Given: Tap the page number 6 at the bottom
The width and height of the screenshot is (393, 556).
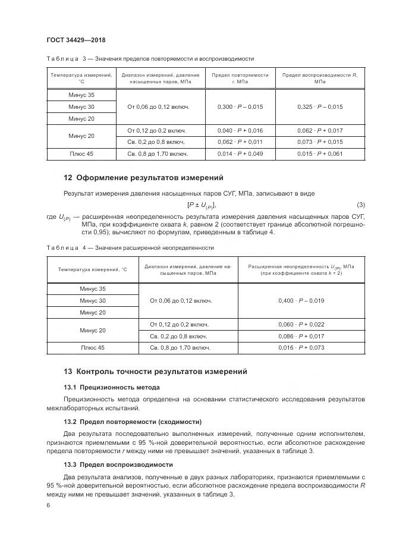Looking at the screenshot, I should tap(48, 505).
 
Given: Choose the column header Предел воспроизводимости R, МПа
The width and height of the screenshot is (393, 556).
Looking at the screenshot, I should tap(319, 78).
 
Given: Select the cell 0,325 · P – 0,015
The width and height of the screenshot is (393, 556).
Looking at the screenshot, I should tap(319, 106).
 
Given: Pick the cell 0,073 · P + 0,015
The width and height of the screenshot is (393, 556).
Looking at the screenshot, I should tap(319, 142).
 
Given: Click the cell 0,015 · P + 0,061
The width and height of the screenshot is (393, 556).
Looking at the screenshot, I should tap(319, 154).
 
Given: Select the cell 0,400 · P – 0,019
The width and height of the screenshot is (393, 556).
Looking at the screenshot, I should tap(301, 301).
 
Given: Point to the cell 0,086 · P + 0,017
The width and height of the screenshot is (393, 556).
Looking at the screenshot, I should tap(301, 336).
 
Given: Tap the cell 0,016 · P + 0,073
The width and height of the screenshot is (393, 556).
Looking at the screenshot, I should tap(301, 348).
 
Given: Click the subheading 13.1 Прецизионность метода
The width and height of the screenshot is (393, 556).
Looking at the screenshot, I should tap(112, 387).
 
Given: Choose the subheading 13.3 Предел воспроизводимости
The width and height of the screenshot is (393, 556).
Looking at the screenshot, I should tap(118, 464).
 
